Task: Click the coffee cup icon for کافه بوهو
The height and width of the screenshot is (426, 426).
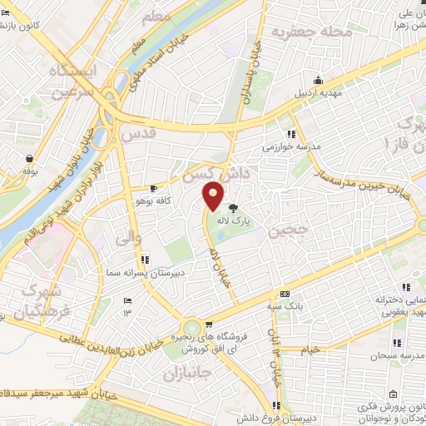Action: coord(153,189)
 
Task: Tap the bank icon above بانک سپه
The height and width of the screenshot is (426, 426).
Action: coord(285,294)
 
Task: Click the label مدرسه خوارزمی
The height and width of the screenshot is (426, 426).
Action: coord(292,146)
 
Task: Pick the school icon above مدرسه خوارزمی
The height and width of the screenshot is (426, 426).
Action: coord(290,134)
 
